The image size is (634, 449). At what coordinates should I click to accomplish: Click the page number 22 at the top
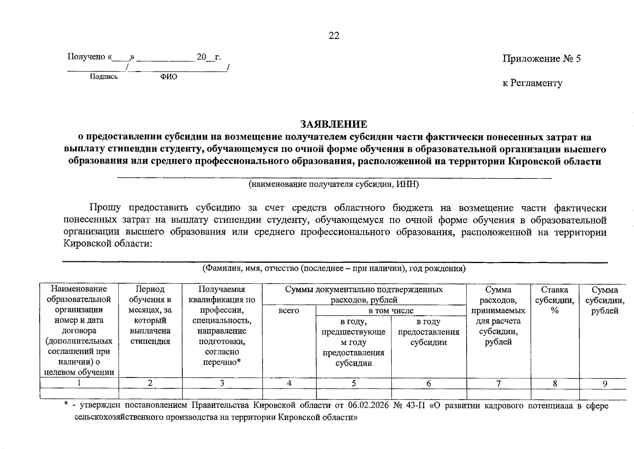[x=334, y=36]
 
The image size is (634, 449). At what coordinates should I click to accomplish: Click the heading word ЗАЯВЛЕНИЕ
[x=333, y=124]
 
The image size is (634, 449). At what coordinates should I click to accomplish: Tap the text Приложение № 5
[x=541, y=59]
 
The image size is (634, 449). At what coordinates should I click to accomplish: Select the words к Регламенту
[x=532, y=83]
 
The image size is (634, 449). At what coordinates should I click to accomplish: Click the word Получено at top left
[x=86, y=57]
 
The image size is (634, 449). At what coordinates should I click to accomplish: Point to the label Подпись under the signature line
[x=104, y=77]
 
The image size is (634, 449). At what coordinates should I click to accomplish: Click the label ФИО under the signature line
[x=169, y=77]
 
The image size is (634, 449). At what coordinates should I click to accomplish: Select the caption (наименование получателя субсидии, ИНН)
[x=334, y=184]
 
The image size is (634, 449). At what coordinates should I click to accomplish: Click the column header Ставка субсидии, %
[x=555, y=300]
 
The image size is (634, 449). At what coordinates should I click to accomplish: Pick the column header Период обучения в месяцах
[x=150, y=315]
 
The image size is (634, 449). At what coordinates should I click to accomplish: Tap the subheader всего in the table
[x=289, y=311]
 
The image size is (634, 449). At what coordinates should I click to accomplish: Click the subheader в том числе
[x=391, y=311]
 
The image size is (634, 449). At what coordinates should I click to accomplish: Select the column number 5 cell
[x=354, y=383]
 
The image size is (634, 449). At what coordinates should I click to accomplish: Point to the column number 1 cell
[x=79, y=383]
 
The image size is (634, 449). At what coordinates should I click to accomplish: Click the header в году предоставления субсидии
[x=428, y=332]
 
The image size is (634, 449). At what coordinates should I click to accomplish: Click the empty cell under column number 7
[x=498, y=394]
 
